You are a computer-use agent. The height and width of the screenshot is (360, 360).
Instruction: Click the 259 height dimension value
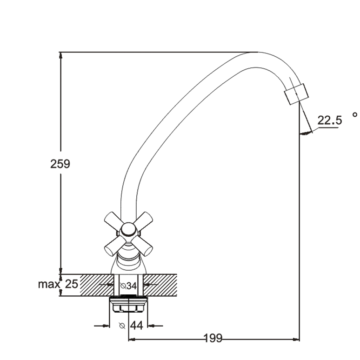pos(60,164)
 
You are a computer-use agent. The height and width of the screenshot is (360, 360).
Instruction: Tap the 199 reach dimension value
pos(213,338)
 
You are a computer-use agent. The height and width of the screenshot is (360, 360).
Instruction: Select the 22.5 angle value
pos(330,120)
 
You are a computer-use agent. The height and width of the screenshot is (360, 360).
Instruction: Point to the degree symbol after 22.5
pos(355,114)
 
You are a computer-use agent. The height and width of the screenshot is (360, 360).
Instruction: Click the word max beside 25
pos(49,284)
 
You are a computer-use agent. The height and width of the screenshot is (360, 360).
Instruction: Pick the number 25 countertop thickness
pos(72,284)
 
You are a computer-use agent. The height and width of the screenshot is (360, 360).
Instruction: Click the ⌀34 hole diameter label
pos(128,286)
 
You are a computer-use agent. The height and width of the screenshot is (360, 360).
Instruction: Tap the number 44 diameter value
pos(137,325)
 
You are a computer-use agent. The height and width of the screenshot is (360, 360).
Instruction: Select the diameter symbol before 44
pos(122,326)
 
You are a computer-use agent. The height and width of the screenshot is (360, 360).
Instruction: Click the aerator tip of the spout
pos(296,94)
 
